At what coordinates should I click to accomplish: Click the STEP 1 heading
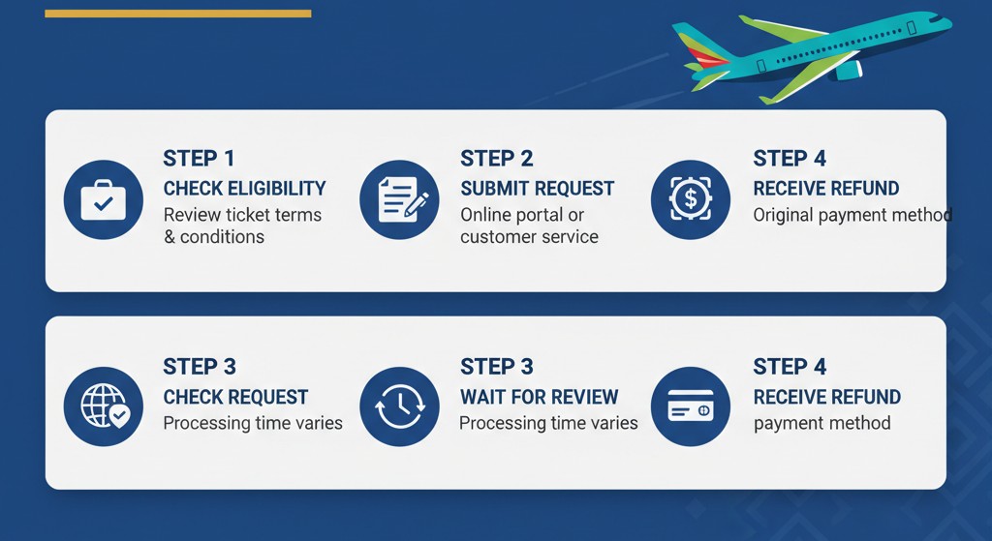[199, 158]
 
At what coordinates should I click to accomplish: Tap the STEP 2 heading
[497, 158]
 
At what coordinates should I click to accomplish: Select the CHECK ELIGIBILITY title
[245, 189]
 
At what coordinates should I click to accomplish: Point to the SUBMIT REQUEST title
[537, 189]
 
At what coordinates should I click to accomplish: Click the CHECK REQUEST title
[236, 397]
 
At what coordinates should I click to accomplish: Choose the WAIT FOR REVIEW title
[539, 397]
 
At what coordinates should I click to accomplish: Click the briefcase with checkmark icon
[103, 199]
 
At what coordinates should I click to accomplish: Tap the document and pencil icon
[399, 199]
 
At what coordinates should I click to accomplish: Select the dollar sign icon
[691, 199]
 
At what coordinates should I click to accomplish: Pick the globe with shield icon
[103, 407]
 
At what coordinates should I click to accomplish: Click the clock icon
[399, 407]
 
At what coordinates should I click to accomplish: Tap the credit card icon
[691, 407]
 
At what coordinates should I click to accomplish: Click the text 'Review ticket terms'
[242, 215]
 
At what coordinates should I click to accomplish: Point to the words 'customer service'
[530, 237]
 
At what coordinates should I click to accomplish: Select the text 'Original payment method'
[852, 216]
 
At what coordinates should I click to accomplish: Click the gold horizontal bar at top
[178, 14]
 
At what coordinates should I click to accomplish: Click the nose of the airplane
[946, 23]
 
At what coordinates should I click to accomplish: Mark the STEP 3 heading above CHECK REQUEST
[200, 367]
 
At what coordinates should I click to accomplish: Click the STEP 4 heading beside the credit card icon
[790, 367]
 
